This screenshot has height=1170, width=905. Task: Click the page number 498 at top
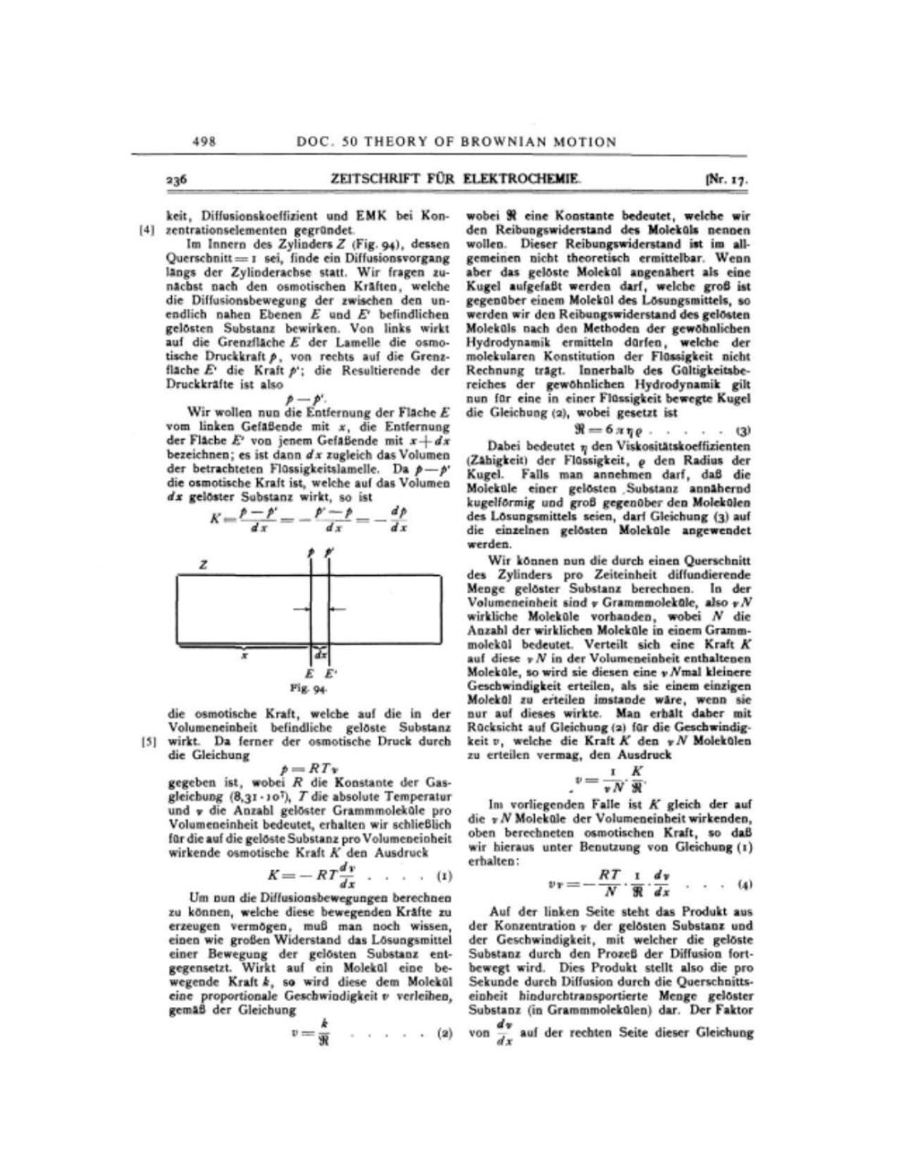[203, 142]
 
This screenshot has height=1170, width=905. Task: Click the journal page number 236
[176, 180]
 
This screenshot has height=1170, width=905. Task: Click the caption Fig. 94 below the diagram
[313, 686]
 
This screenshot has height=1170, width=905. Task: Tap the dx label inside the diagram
[321, 655]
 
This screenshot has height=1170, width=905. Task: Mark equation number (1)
[443, 877]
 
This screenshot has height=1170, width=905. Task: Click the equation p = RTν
[306, 770]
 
